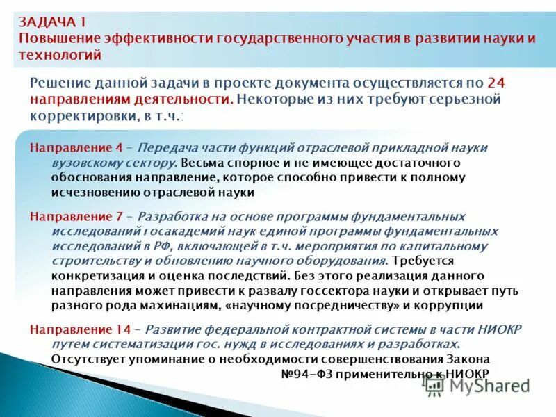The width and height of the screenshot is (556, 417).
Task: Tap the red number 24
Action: pyautogui.click(x=497, y=82)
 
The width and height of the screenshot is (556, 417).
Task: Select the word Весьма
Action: pyautogui.click(x=200, y=163)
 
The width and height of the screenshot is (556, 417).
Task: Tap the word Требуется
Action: pyautogui.click(x=423, y=261)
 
